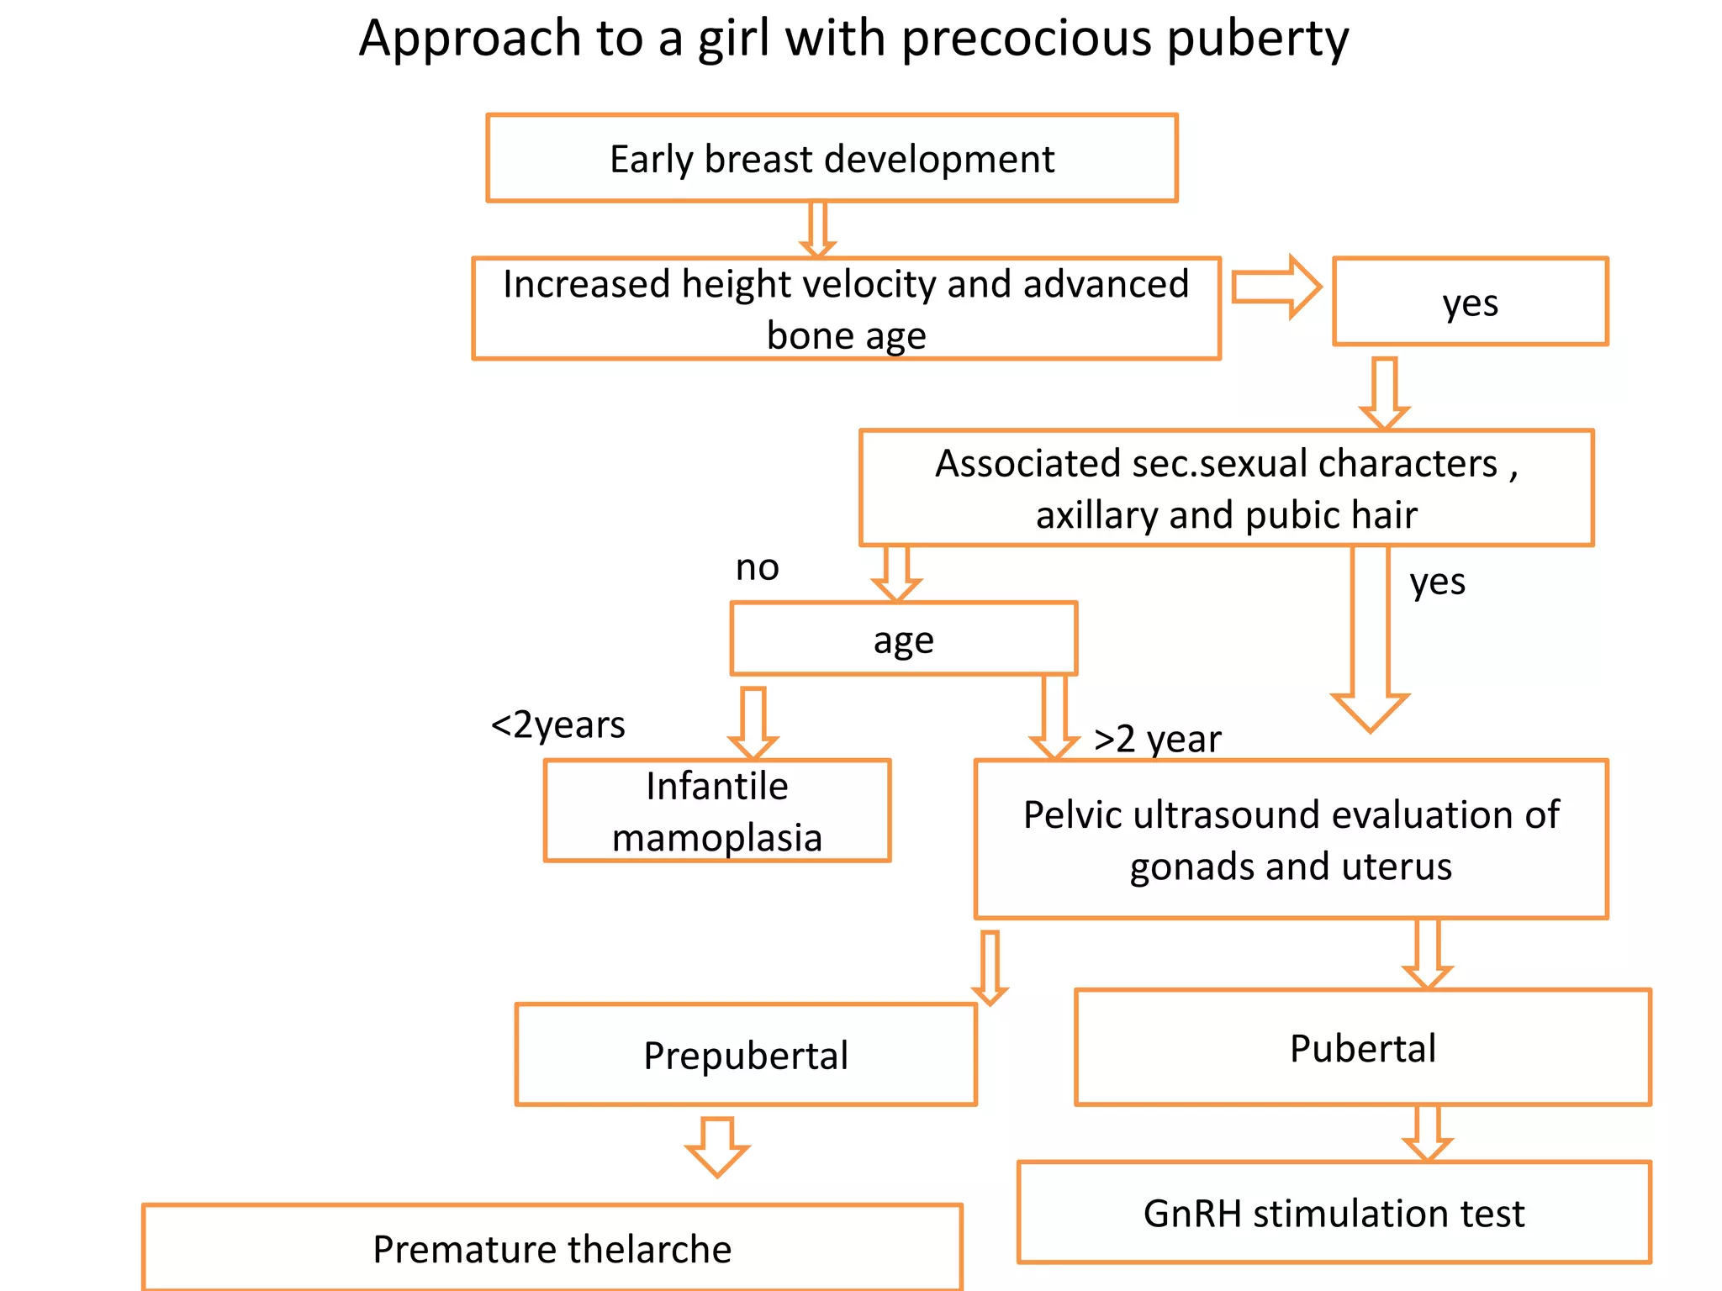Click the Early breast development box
pos(832,158)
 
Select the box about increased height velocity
pos(846,308)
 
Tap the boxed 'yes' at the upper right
pos(1470,302)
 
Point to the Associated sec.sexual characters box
pos(1226,488)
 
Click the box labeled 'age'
pos(903,639)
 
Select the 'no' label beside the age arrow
pos(757,568)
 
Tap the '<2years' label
pos(557,725)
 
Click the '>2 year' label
pos(1157,740)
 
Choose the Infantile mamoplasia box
pos(716,811)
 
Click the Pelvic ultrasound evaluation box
pos(1291,840)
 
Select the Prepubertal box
pos(746,1055)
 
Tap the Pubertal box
pos(1362,1048)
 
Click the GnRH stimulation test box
pos(1334,1213)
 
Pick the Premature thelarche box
pos(552,1249)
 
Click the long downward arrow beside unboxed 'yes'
pos(1370,639)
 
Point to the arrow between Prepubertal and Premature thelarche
pos(716,1146)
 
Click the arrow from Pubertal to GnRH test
pos(1427,1133)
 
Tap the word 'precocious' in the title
pos(1026,40)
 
